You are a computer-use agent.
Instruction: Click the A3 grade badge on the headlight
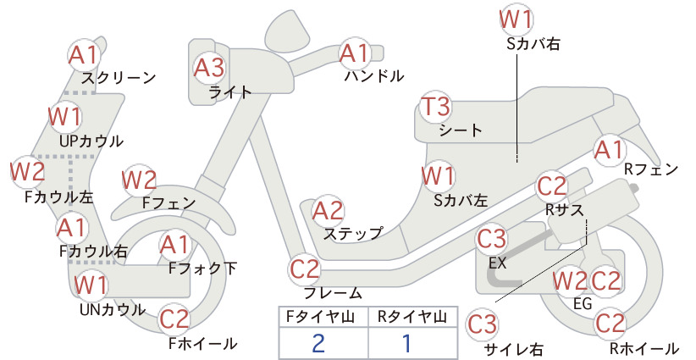pyautogui.click(x=209, y=68)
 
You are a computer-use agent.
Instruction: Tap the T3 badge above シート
pyautogui.click(x=435, y=107)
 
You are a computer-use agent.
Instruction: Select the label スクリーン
pyautogui.click(x=119, y=78)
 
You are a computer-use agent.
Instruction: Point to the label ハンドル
pyautogui.click(x=374, y=76)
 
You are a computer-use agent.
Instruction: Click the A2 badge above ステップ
pyautogui.click(x=328, y=211)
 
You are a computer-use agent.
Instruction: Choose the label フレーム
pyautogui.click(x=333, y=293)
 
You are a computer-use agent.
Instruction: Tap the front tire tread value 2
pyautogui.click(x=318, y=343)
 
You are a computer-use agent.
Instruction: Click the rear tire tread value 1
pyautogui.click(x=406, y=343)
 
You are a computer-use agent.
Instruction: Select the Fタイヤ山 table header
pyautogui.click(x=320, y=317)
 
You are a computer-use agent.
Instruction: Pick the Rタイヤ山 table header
pyautogui.click(x=412, y=317)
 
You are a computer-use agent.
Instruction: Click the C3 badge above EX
pyautogui.click(x=491, y=239)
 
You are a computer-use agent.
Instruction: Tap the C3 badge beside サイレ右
pyautogui.click(x=482, y=324)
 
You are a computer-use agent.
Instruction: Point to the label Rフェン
pyautogui.click(x=651, y=169)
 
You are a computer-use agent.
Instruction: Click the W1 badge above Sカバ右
pyautogui.click(x=516, y=19)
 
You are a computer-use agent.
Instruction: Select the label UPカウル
pyautogui.click(x=91, y=141)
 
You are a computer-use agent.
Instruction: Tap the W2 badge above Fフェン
pyautogui.click(x=140, y=180)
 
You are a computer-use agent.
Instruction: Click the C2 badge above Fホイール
pyautogui.click(x=174, y=319)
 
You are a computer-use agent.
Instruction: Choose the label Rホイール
pyautogui.click(x=644, y=348)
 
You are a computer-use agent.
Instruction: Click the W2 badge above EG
pyautogui.click(x=570, y=281)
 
